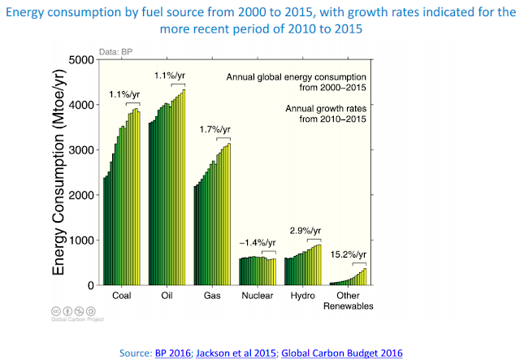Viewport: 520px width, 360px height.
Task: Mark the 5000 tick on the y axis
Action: pyautogui.click(x=80, y=60)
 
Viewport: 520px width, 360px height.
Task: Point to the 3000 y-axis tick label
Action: pyautogui.click(x=80, y=150)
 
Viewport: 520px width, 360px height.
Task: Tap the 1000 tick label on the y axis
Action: pyautogui.click(x=80, y=241)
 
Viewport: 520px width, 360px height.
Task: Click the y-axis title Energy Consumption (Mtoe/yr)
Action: pyautogui.click(x=59, y=172)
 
